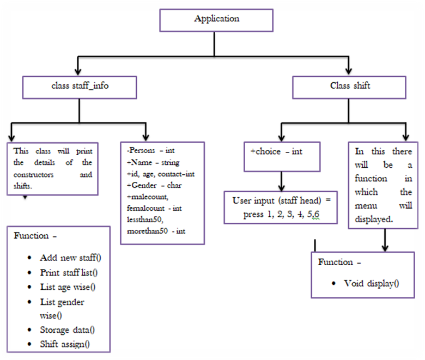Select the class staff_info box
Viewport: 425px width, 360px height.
point(80,87)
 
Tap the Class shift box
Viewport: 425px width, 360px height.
point(349,87)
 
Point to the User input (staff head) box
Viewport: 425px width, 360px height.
point(282,207)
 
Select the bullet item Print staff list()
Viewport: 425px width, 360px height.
point(72,272)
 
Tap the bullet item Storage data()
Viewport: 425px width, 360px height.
point(71,330)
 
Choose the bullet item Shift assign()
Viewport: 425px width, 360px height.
point(65,344)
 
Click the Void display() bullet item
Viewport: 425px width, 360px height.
point(371,283)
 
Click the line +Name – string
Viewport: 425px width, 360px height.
point(153,162)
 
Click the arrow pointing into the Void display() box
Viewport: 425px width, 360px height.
point(385,240)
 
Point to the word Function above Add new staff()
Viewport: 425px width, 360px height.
point(32,236)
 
